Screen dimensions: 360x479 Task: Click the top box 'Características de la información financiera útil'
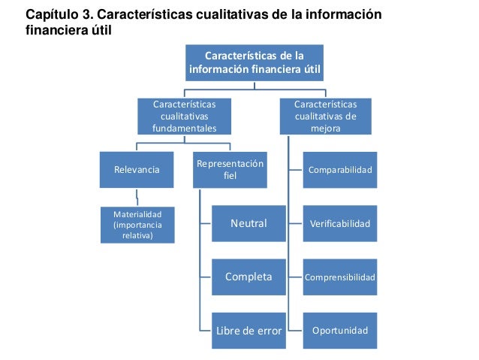pyautogui.click(x=255, y=63)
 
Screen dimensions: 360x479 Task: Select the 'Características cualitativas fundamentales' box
pyautogui.click(x=183, y=116)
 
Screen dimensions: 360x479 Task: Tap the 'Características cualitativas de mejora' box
pyautogui.click(x=325, y=116)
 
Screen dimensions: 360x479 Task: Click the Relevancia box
pyautogui.click(x=136, y=170)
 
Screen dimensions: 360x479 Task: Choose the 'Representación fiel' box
pyautogui.click(x=230, y=170)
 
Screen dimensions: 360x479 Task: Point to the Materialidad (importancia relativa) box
pyautogui.click(x=137, y=224)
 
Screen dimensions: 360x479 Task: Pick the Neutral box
pyautogui.click(x=248, y=223)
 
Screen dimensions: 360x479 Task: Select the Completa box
pyautogui.click(x=248, y=277)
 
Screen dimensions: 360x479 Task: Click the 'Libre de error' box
pyautogui.click(x=248, y=331)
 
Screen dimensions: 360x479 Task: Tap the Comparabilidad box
pyautogui.click(x=340, y=170)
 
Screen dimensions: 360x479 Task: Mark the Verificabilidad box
pyautogui.click(x=340, y=223)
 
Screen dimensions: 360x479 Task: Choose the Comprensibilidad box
pyautogui.click(x=340, y=277)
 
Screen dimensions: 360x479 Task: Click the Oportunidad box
pyautogui.click(x=340, y=331)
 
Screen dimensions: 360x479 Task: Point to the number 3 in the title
pyautogui.click(x=94, y=15)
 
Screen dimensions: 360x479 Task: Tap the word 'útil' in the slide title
pyautogui.click(x=107, y=32)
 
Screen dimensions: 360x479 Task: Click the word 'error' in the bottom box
pyautogui.click(x=267, y=331)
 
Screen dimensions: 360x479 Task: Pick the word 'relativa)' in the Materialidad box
pyautogui.click(x=137, y=235)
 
